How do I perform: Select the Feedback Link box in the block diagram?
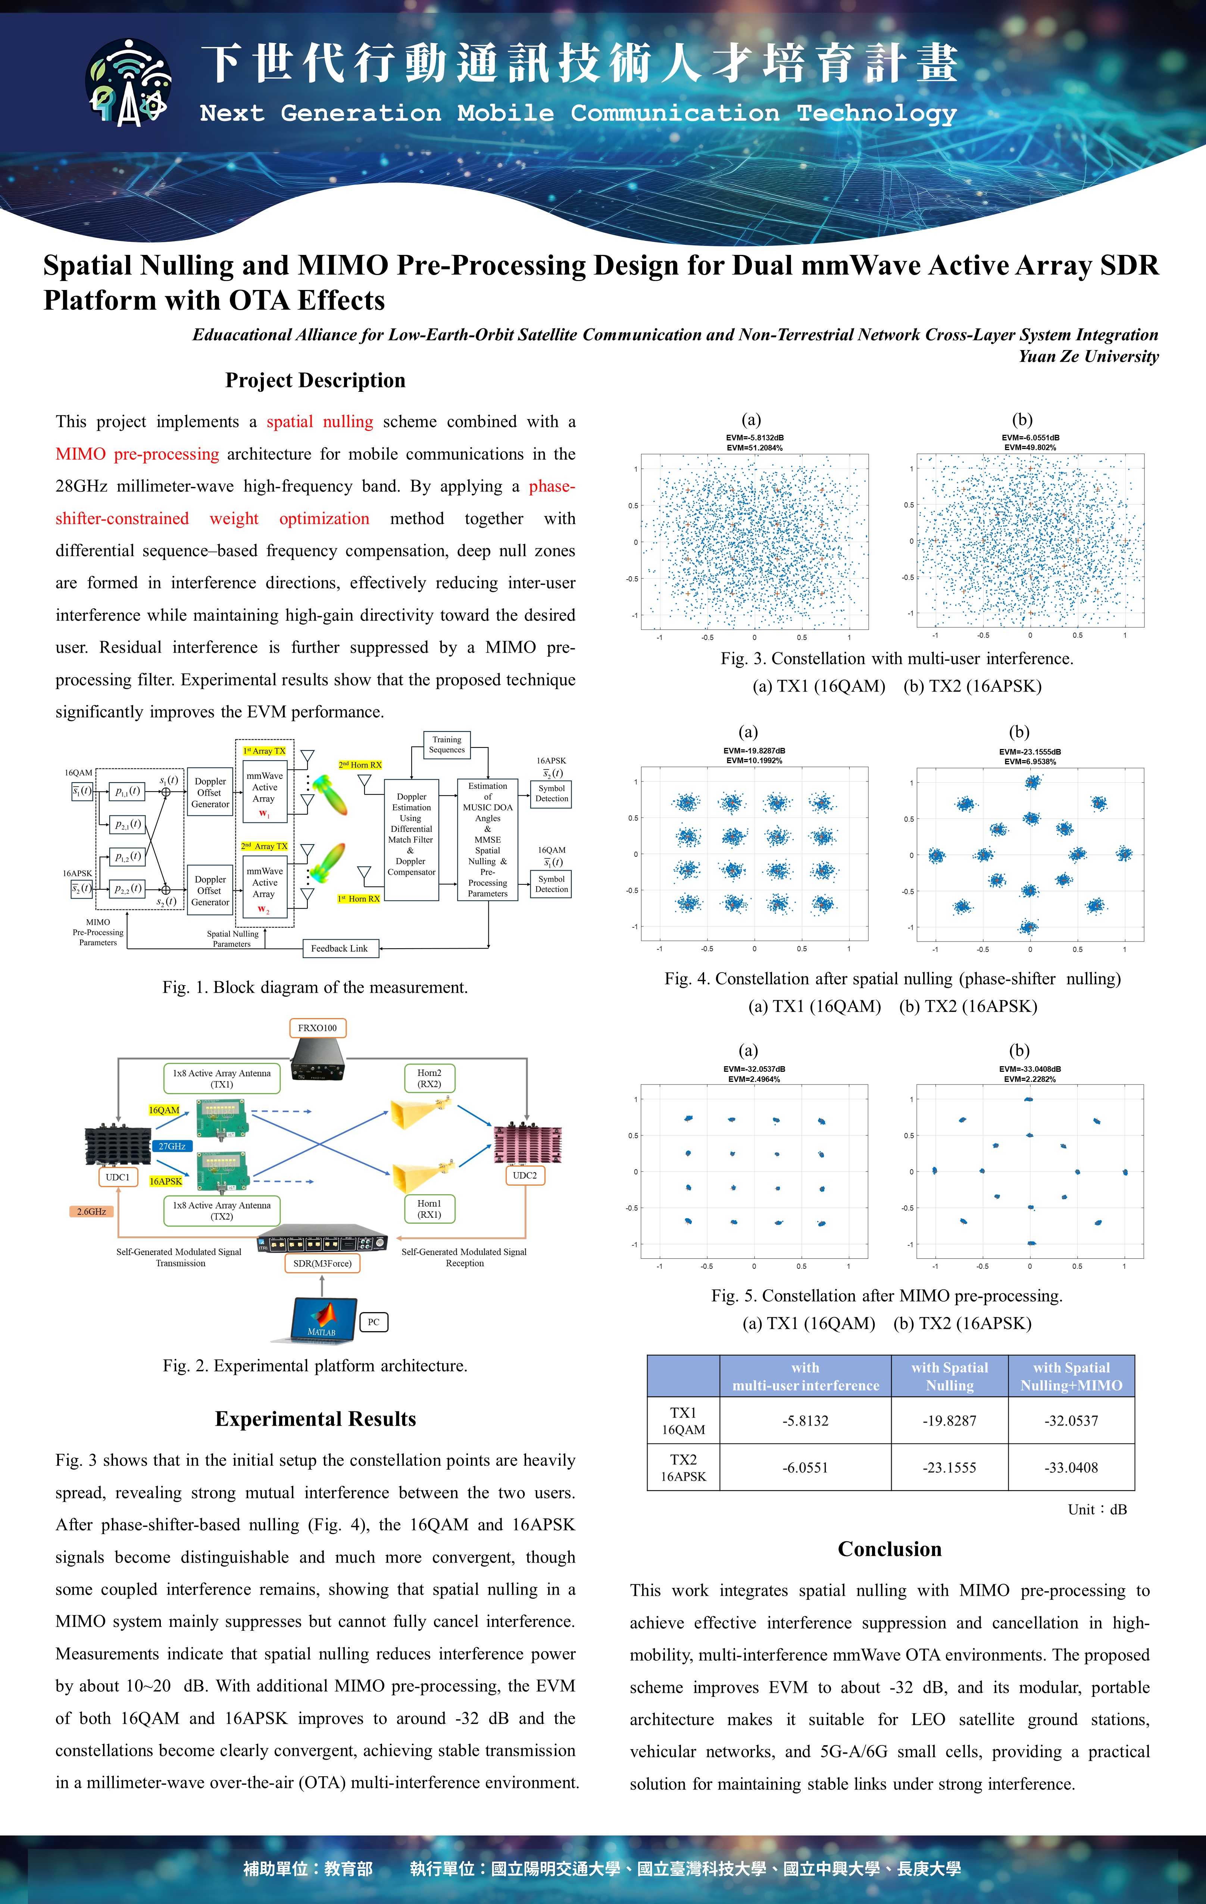[339, 948]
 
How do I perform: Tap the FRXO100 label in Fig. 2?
[317, 1028]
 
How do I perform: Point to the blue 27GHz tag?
[172, 1146]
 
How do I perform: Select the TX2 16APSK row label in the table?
[683, 1467]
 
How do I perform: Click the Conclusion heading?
[890, 1549]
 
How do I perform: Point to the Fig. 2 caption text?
[315, 1365]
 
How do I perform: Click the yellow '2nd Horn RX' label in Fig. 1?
[360, 765]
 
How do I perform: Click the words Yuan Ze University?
[1088, 357]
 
